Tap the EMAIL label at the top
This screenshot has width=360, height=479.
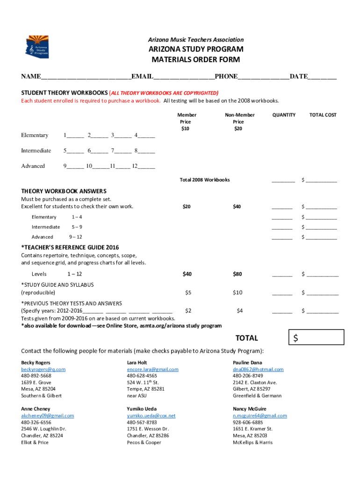pos(143,76)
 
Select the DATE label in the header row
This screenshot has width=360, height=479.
pos(298,76)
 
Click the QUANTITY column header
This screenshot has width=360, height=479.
pos(284,115)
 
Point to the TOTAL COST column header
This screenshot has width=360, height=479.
pos(323,115)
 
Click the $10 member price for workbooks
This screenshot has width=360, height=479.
pos(186,129)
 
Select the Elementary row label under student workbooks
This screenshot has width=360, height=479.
pos(35,135)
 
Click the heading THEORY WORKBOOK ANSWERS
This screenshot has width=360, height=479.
pos(64,191)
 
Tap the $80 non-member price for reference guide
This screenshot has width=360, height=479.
pos(238,274)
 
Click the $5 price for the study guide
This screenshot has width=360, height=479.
pos(188,292)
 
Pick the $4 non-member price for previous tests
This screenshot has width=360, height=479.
pos(239,310)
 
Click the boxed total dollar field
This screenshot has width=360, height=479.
pos(317,337)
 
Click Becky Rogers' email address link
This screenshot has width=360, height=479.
pos(43,369)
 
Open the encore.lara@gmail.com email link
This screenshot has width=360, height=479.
pos(152,369)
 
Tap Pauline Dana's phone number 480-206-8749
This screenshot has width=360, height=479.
pos(248,376)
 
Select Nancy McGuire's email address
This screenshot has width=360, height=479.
pos(259,415)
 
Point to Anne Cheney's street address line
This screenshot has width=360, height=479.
pos(43,428)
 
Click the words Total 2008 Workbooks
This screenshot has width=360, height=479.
pos(205,180)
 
